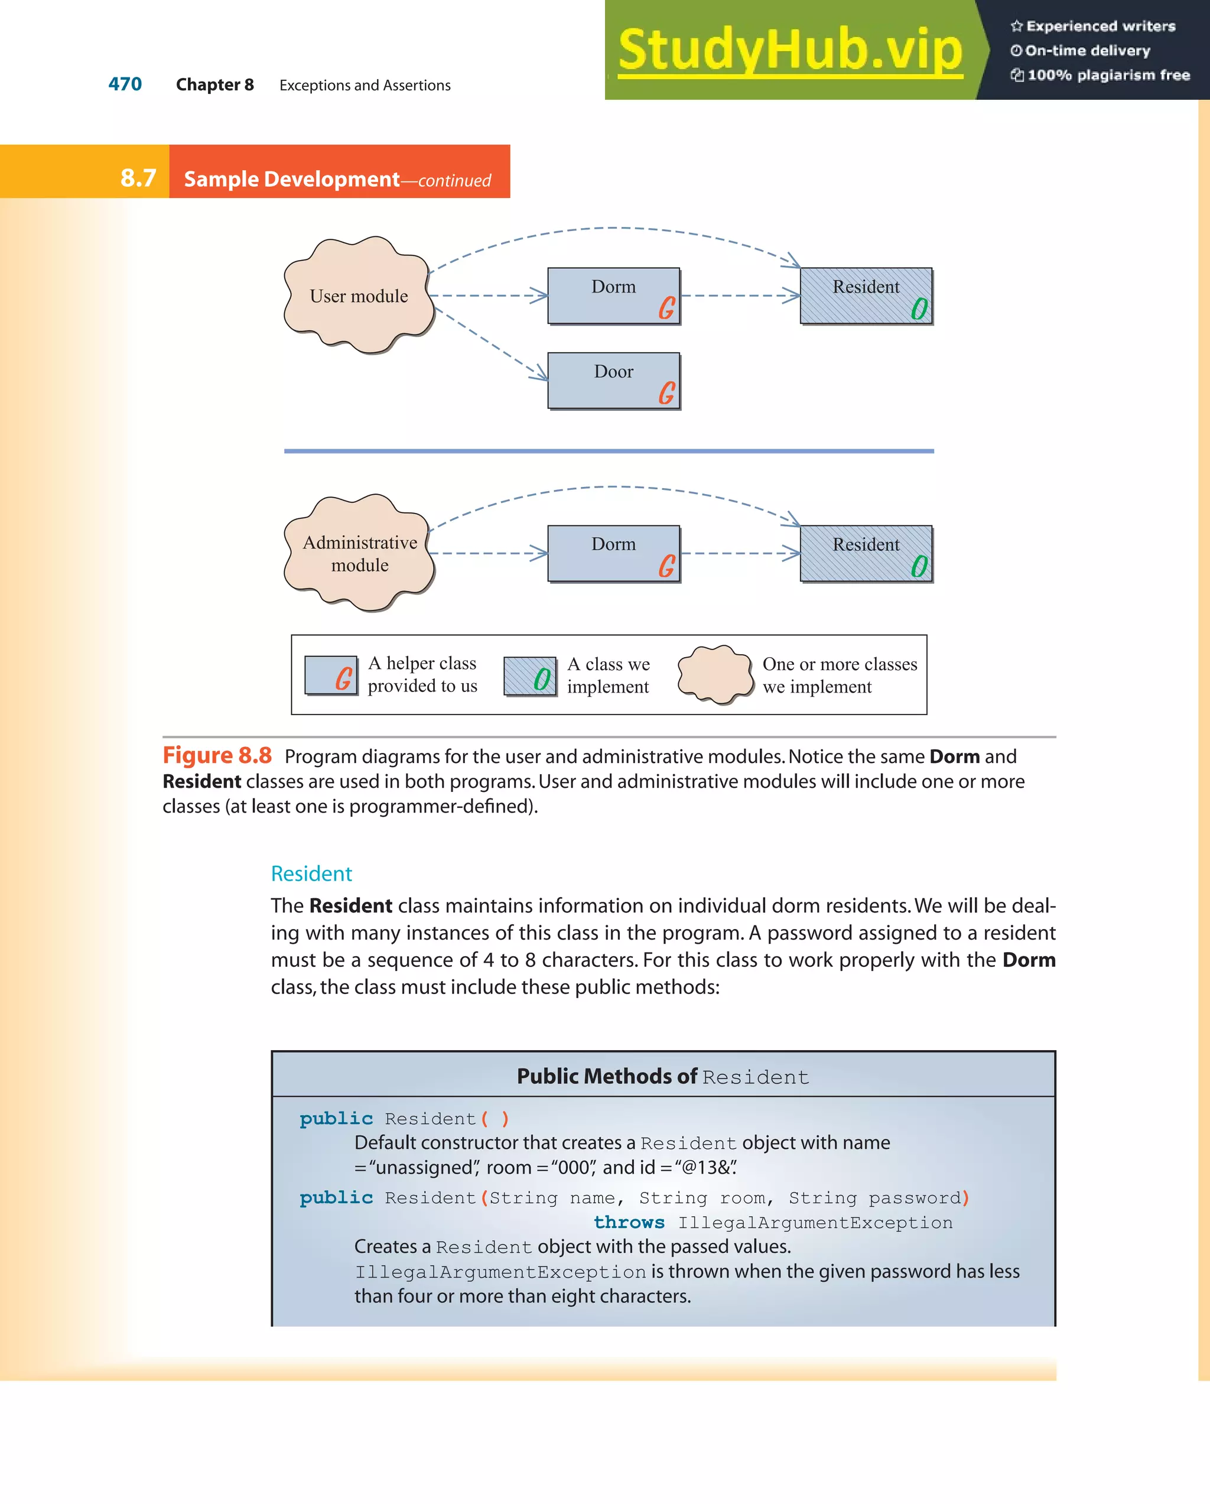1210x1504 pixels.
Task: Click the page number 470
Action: (125, 85)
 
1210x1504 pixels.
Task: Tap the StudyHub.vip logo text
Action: (789, 50)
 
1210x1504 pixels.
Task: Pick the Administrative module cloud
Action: (359, 553)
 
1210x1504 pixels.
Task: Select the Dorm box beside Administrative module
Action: (613, 553)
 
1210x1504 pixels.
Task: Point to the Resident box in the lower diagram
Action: (866, 553)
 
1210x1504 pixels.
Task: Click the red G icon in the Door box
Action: (666, 393)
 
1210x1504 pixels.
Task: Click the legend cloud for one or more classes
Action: (715, 674)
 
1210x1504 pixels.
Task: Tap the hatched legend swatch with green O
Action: (530, 676)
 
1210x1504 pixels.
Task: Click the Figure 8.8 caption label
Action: (217, 755)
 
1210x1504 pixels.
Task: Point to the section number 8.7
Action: (138, 178)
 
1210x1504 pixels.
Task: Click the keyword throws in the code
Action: (629, 1222)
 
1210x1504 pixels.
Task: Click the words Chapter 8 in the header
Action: (215, 85)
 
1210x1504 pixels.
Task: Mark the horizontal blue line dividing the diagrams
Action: (608, 451)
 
